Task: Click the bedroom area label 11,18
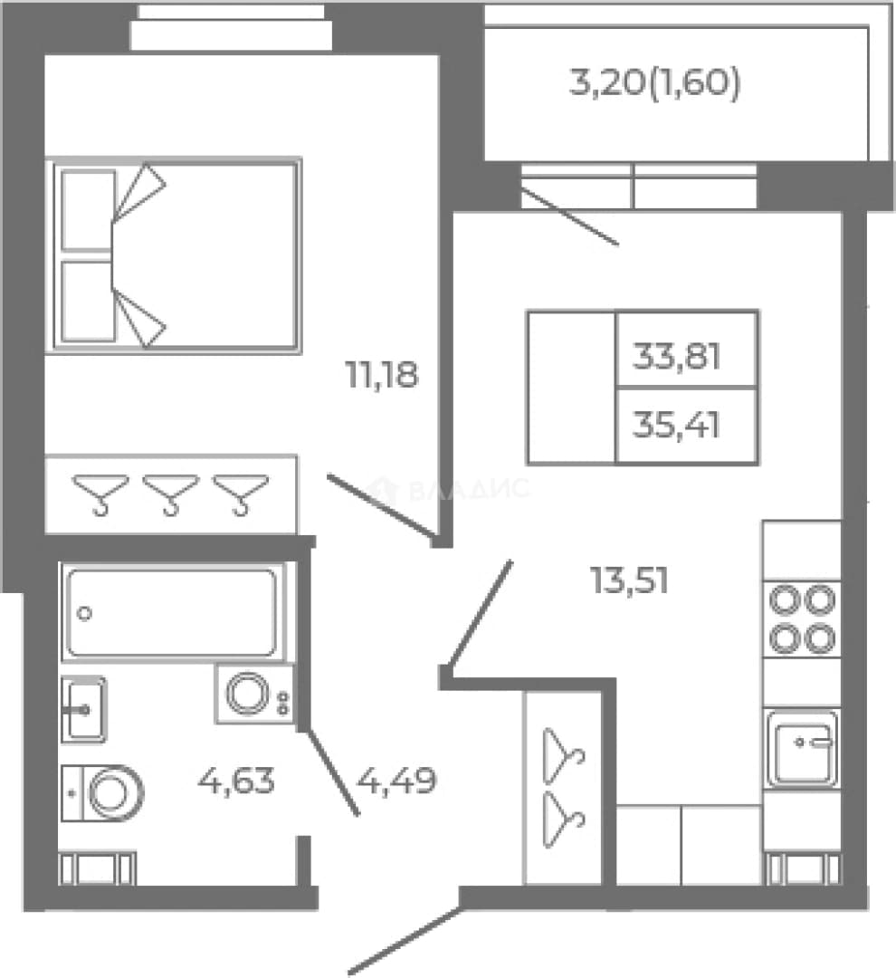click(382, 375)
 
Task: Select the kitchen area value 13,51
click(629, 580)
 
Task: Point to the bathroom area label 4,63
click(235, 781)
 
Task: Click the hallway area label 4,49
click(396, 781)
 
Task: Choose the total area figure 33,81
click(676, 357)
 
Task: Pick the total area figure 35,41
click(676, 426)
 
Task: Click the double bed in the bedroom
click(174, 255)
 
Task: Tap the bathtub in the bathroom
click(172, 612)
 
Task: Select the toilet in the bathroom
click(102, 793)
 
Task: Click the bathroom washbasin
click(83, 710)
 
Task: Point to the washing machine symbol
click(254, 695)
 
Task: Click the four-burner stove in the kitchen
click(802, 619)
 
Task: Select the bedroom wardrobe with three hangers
click(171, 495)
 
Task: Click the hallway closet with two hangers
click(563, 788)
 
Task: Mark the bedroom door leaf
click(382, 506)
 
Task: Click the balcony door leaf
click(570, 216)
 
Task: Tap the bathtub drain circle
click(85, 613)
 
